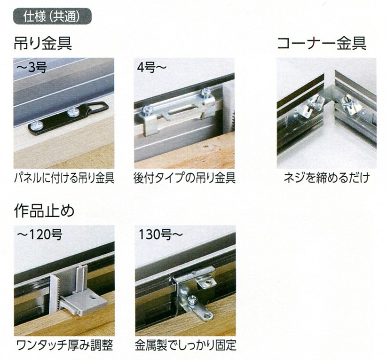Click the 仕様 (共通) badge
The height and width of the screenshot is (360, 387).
click(x=52, y=16)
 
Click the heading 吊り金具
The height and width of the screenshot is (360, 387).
click(x=43, y=43)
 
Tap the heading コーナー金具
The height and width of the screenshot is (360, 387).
click(x=322, y=43)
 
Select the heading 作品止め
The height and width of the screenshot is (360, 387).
click(x=44, y=211)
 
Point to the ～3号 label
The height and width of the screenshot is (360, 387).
click(x=32, y=67)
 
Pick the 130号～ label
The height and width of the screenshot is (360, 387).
click(x=161, y=235)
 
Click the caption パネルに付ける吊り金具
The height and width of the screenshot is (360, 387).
click(x=64, y=178)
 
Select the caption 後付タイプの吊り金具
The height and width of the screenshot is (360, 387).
click(x=185, y=178)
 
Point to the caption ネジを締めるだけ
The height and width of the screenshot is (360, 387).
click(x=327, y=178)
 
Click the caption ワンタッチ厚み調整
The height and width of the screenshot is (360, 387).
click(x=65, y=345)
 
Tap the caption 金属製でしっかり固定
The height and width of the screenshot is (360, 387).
click(x=185, y=345)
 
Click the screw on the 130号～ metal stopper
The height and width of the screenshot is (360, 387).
click(x=191, y=300)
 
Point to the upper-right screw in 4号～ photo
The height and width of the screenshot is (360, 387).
click(x=205, y=93)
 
